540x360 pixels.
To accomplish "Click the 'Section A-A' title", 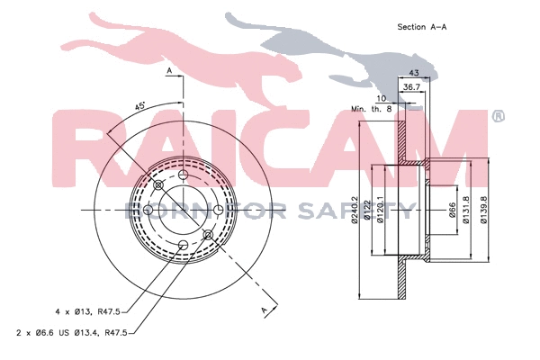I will (422, 27).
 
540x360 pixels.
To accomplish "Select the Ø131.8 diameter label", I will (465, 211).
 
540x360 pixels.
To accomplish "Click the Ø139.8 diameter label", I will (484, 211).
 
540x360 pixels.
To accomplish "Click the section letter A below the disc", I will (265, 310).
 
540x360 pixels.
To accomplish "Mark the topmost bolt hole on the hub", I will (183, 175).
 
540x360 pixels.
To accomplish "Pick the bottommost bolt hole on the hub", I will (183, 245).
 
